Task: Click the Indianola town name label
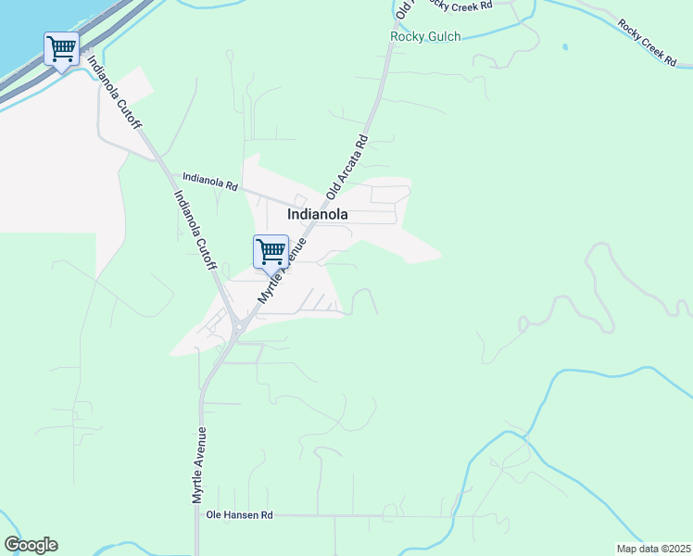(x=318, y=214)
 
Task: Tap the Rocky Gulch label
(x=425, y=37)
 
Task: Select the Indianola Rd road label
(x=210, y=180)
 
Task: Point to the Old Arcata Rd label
(x=348, y=168)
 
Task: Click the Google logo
(x=31, y=545)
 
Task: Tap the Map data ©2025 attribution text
(x=652, y=549)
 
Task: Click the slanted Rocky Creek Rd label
(x=648, y=42)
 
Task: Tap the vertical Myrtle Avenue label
(x=198, y=465)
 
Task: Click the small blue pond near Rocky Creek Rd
(x=565, y=46)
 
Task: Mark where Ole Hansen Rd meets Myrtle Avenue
(x=198, y=516)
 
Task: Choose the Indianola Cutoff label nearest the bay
(x=116, y=96)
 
